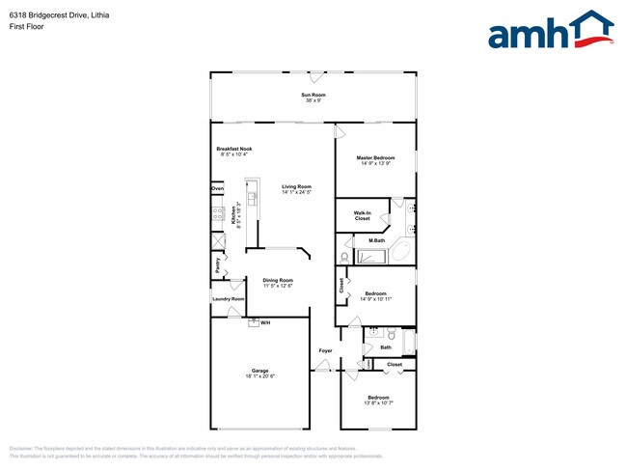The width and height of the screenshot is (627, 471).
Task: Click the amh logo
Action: click(550, 31)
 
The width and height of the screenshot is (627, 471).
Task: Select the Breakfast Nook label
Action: click(235, 149)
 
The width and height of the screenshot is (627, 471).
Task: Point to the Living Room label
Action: click(296, 187)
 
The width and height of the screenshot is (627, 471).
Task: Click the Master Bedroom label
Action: click(375, 157)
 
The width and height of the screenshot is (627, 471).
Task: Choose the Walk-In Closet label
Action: click(362, 215)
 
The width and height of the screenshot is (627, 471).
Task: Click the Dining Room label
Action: click(278, 280)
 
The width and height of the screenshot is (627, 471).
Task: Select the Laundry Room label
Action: click(229, 299)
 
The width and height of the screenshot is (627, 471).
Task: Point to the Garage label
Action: click(260, 371)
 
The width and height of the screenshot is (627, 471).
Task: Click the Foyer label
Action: click(327, 349)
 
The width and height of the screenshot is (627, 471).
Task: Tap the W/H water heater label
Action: click(265, 322)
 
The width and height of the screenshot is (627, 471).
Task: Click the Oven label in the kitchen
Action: click(218, 188)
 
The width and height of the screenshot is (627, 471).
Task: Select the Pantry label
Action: click(218, 263)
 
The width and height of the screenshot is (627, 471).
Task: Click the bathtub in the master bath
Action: click(372, 257)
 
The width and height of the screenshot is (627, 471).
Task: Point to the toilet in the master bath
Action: click(345, 258)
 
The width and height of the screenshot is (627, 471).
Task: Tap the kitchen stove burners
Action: click(219, 213)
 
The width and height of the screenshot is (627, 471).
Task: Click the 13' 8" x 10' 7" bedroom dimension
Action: click(377, 403)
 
